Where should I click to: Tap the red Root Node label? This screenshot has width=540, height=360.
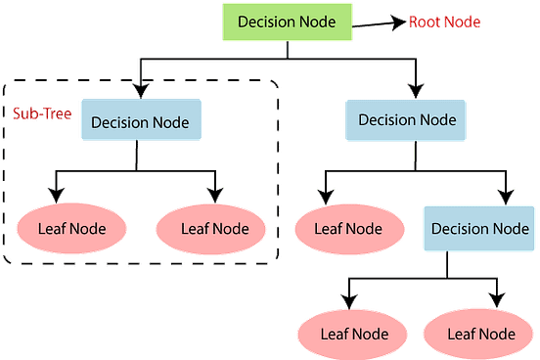pos(445,22)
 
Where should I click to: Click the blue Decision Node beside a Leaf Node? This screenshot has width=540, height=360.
pos(479,229)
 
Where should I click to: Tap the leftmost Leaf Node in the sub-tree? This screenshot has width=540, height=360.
pos(70,229)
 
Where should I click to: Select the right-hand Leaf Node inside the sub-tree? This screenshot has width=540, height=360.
pos(216,229)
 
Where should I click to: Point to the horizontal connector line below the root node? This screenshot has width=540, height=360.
pos(215,59)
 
